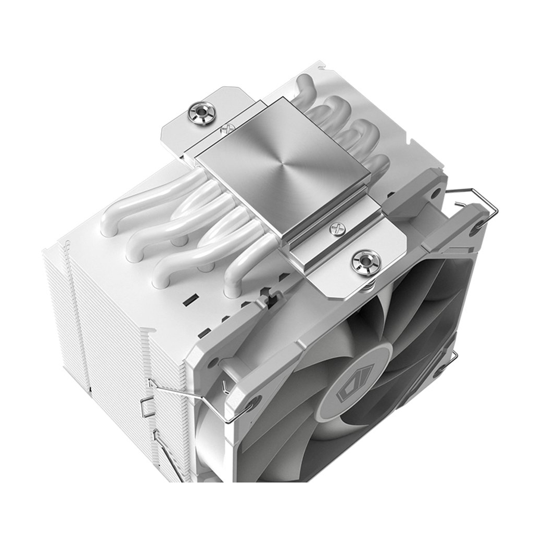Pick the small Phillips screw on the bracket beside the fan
point(336,228)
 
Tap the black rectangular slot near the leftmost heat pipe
point(188,300)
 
